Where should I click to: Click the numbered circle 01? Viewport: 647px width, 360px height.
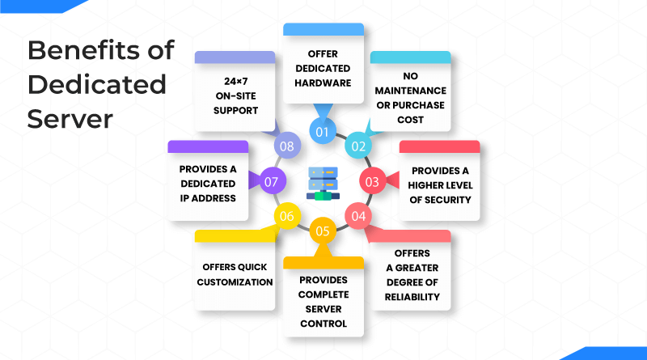[x=323, y=131]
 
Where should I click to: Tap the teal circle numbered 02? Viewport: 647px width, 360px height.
[x=357, y=146]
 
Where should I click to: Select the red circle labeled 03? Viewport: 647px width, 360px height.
[x=372, y=181]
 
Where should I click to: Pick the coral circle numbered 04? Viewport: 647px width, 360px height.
[x=358, y=216]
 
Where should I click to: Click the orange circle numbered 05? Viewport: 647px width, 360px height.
[x=323, y=231]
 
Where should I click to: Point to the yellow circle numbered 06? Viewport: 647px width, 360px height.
[x=287, y=216]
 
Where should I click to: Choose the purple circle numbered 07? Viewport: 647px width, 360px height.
[x=272, y=181]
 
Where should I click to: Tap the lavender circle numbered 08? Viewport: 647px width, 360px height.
[x=287, y=146]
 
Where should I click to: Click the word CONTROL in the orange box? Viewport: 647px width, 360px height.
[x=323, y=323]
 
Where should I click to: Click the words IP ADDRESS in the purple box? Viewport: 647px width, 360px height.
[x=208, y=197]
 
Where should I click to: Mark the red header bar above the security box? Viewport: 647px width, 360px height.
[x=440, y=146]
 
